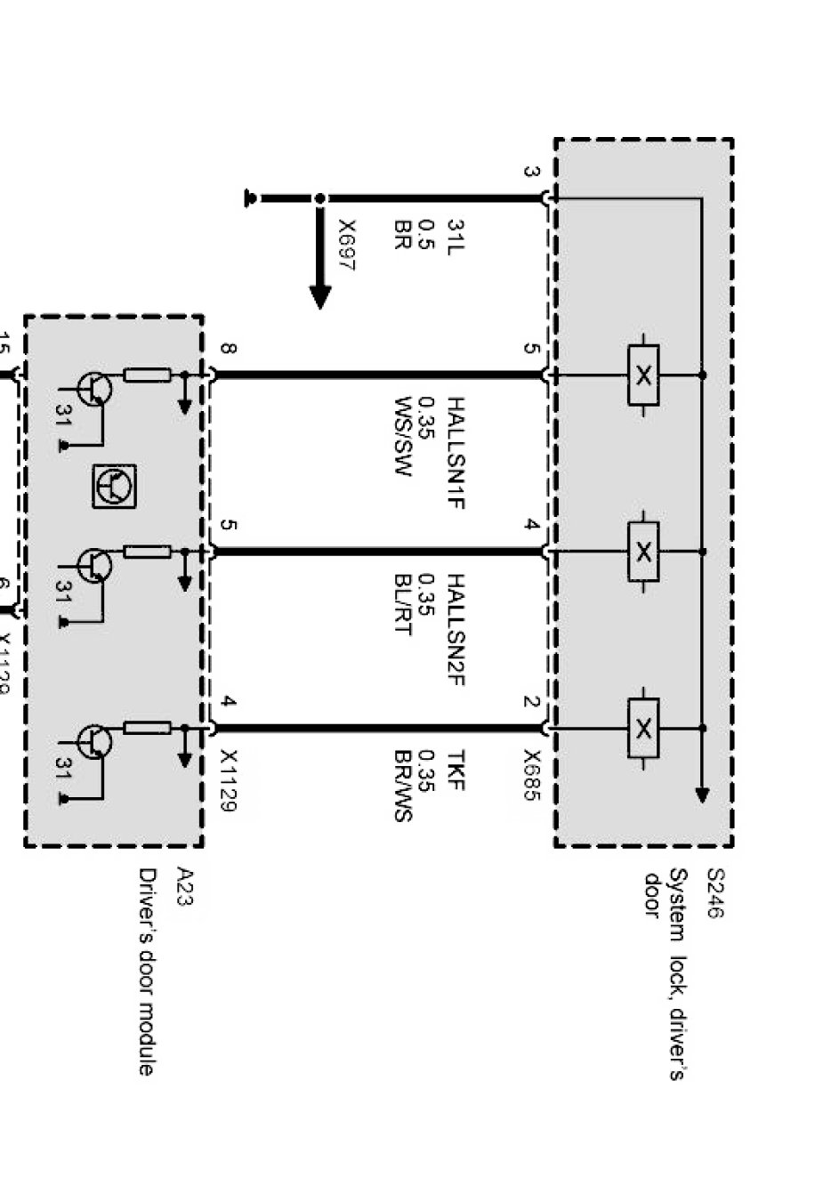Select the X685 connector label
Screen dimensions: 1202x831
[531, 775]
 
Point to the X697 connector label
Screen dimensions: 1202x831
[346, 246]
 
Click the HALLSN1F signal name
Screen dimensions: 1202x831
[455, 454]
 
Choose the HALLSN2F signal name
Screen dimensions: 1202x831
[455, 630]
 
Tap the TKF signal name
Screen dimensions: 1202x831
[455, 770]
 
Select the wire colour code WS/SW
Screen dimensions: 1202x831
[402, 436]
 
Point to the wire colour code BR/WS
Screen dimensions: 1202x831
[402, 786]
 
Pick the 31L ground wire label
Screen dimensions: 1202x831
[455, 238]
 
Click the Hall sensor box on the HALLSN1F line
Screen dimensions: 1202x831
[643, 375]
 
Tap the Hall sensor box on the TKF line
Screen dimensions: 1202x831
[643, 728]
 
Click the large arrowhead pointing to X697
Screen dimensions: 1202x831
[320, 297]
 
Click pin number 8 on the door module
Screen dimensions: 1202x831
[228, 349]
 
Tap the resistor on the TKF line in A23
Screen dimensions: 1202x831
[147, 728]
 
